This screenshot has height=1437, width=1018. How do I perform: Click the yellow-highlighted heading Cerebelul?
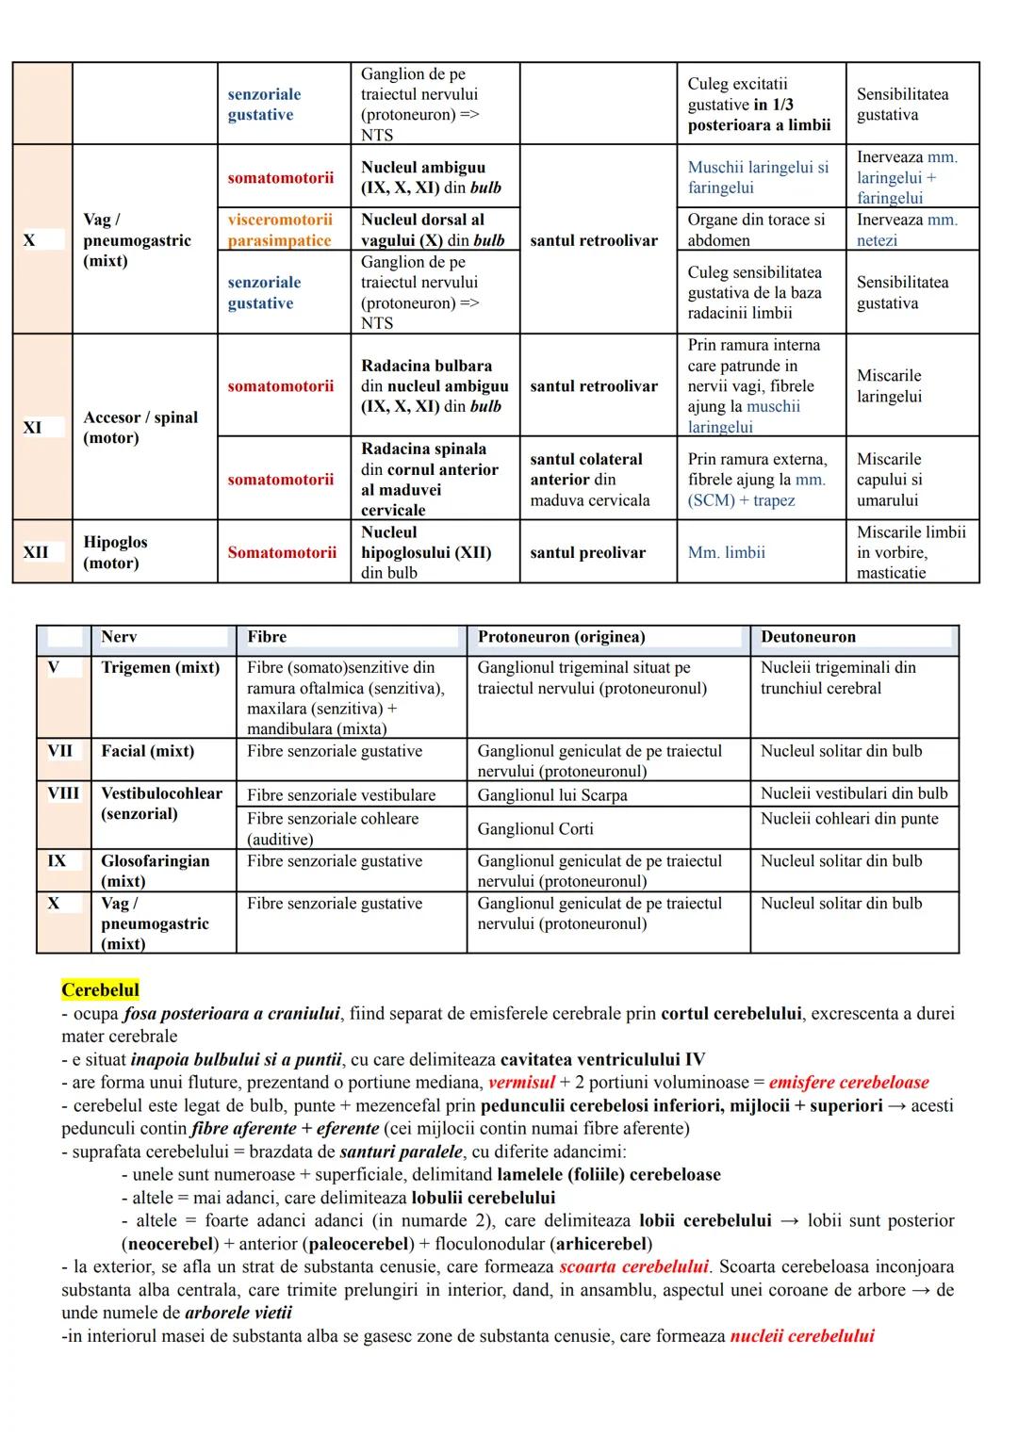coord(100,990)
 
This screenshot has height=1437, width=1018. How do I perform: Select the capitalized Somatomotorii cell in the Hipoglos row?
coord(281,552)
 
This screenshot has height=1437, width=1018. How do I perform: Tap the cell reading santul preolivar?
coord(587,552)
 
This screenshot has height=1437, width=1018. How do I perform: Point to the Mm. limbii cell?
coord(726,552)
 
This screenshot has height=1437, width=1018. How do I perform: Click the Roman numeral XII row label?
coord(36,552)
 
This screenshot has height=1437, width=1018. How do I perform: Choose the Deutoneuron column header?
coord(808,637)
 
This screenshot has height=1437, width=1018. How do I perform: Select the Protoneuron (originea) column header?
coord(561,637)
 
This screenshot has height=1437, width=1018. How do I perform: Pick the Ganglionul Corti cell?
coord(535,829)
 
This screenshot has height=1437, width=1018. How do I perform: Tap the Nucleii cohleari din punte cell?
coord(849,818)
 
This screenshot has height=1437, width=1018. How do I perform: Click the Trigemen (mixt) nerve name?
coord(160,667)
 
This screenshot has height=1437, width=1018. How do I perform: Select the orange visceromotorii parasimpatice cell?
coord(280,230)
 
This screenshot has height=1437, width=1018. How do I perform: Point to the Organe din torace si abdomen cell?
coord(755,230)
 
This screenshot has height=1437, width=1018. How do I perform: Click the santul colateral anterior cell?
coord(589,480)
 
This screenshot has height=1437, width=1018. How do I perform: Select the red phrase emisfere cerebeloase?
coord(848,1083)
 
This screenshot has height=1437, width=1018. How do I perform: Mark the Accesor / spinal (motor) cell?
coord(140,428)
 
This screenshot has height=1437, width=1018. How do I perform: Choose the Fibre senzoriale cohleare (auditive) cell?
coord(333,828)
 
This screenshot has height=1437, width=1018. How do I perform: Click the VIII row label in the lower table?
coord(63,793)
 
